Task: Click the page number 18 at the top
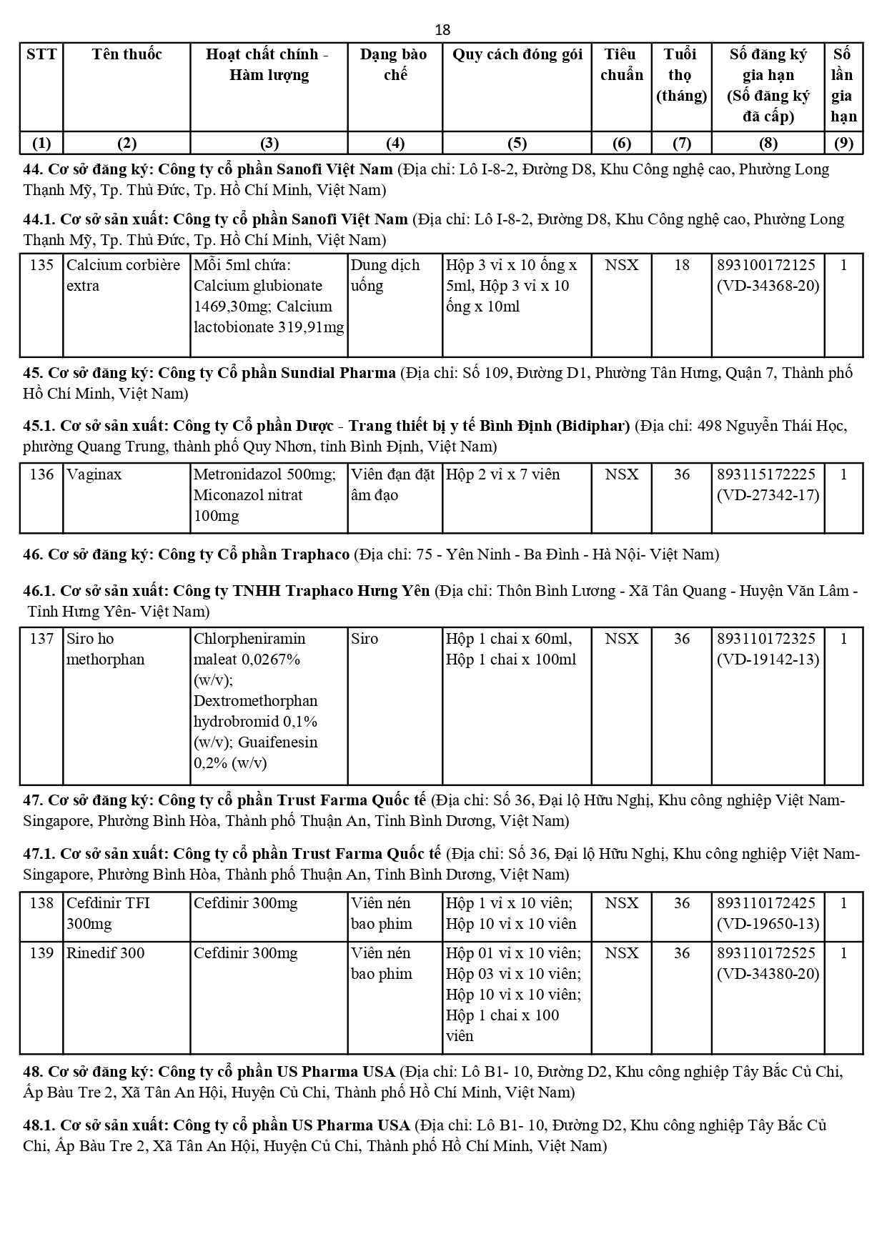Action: (x=442, y=29)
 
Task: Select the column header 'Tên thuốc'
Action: (x=127, y=54)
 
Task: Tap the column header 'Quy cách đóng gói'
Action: (x=517, y=54)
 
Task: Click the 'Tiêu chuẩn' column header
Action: (x=621, y=64)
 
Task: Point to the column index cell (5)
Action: (x=517, y=143)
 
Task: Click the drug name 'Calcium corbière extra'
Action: (x=123, y=275)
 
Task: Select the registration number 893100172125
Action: (x=766, y=265)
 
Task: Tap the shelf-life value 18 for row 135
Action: (x=682, y=265)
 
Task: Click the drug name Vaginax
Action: (x=94, y=474)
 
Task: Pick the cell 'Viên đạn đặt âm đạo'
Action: (x=392, y=484)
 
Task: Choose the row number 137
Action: (x=41, y=639)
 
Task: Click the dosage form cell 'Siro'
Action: (x=365, y=639)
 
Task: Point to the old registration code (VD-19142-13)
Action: (x=768, y=660)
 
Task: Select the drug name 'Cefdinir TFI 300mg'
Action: (x=108, y=913)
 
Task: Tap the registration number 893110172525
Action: (x=766, y=953)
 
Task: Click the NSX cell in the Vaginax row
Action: (x=621, y=474)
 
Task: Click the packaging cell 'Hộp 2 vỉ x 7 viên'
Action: (x=502, y=474)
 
